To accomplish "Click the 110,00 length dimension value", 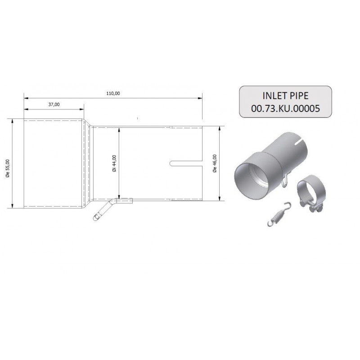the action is click(113, 94).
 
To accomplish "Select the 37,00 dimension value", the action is click(54, 104).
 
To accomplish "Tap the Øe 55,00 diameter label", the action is click(8, 168).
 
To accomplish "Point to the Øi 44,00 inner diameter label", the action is click(115, 163).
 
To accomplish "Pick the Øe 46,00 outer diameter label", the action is click(215, 163).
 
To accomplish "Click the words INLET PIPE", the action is click(285, 96).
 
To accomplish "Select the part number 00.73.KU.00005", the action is click(285, 108).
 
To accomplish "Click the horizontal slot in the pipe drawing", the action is click(186, 163).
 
